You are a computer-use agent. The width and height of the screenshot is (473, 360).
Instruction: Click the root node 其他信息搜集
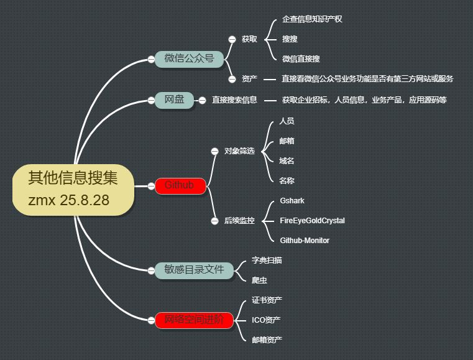(x=73, y=189)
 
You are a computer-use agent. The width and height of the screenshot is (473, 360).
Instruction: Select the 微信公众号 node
(x=189, y=58)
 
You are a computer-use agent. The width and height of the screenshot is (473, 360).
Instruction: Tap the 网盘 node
(x=174, y=99)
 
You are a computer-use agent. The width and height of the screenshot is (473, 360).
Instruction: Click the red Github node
(x=180, y=185)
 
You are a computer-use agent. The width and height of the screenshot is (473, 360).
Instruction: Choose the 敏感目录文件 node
(x=194, y=270)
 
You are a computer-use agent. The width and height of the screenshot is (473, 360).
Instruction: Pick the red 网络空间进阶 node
(x=195, y=320)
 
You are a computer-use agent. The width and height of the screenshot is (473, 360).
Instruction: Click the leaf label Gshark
(x=292, y=201)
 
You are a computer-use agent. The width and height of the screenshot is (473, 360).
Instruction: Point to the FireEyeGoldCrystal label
(x=312, y=221)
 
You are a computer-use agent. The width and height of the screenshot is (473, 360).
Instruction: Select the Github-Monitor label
(x=305, y=240)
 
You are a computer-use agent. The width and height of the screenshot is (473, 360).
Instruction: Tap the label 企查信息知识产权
(x=312, y=19)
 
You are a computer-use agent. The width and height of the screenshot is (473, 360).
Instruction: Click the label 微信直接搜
(x=301, y=59)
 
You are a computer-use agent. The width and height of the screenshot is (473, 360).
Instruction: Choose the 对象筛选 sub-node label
(x=239, y=151)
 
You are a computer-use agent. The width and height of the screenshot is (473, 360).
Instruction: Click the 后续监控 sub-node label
(x=239, y=221)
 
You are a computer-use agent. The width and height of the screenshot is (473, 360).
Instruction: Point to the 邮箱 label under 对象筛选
(x=287, y=141)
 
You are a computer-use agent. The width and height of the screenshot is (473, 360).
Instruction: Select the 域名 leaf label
(x=287, y=161)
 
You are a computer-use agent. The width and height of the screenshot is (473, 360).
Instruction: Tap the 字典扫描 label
(x=267, y=261)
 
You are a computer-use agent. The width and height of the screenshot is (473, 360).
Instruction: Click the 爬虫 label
(x=259, y=280)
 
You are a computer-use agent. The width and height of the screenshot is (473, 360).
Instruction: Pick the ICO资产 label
(x=266, y=320)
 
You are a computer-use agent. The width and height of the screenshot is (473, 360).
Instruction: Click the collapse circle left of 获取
(x=232, y=39)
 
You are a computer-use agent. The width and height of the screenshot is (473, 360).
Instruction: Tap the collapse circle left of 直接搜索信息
(x=201, y=99)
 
